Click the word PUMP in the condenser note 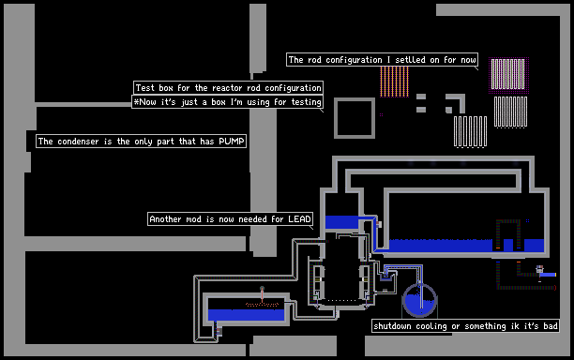(232, 142)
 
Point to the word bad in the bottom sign (551, 326)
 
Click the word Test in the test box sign (145, 88)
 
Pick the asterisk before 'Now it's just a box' (136, 101)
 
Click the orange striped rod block (394, 82)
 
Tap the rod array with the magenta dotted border (508, 75)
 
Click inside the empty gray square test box (355, 118)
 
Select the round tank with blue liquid (419, 299)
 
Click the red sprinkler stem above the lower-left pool (262, 294)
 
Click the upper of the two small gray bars (421, 97)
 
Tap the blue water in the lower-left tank (246, 315)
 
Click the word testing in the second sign (306, 101)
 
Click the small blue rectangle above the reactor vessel (342, 222)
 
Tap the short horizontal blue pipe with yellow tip (548, 275)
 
